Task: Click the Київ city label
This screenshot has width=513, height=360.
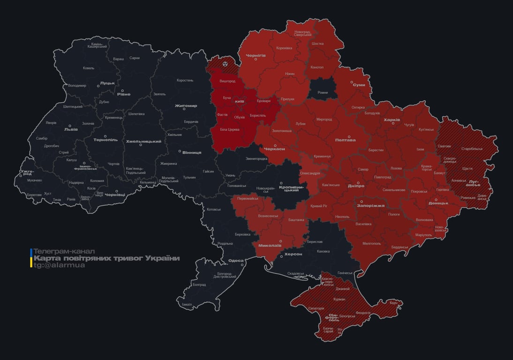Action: tap(239, 101)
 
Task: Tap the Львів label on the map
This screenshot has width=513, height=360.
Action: tap(71, 129)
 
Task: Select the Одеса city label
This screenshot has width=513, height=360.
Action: tap(236, 261)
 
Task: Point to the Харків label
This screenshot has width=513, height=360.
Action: tap(392, 120)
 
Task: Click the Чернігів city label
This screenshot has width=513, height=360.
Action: tap(256, 55)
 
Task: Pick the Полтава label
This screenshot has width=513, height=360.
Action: tap(345, 140)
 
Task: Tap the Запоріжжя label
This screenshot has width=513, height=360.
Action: tap(370, 205)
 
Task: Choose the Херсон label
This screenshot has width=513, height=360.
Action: tap(293, 254)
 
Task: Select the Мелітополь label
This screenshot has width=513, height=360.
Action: tap(375, 243)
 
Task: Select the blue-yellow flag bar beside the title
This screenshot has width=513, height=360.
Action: tap(31, 258)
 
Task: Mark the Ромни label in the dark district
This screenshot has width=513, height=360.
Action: tap(323, 93)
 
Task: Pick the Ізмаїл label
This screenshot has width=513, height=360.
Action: tap(187, 304)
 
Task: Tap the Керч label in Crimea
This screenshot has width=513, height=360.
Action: tap(393, 303)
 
